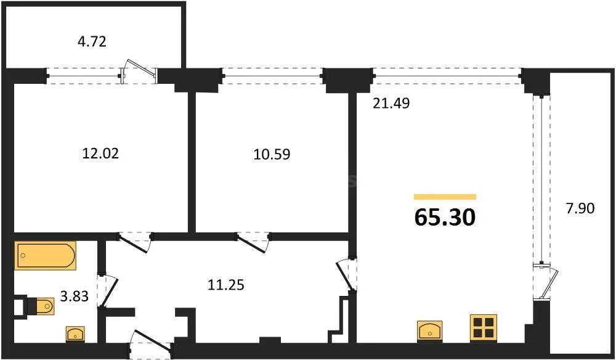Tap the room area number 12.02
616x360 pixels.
tap(100, 153)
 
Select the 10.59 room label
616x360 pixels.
tap(271, 153)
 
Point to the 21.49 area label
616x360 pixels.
tap(391, 104)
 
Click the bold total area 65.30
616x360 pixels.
tap(445, 217)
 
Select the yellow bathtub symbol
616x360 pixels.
tap(46, 256)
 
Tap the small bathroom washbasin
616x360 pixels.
tap(76, 334)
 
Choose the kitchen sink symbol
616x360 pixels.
tap(429, 330)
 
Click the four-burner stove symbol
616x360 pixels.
tap(484, 327)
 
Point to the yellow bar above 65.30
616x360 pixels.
tap(445, 197)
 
